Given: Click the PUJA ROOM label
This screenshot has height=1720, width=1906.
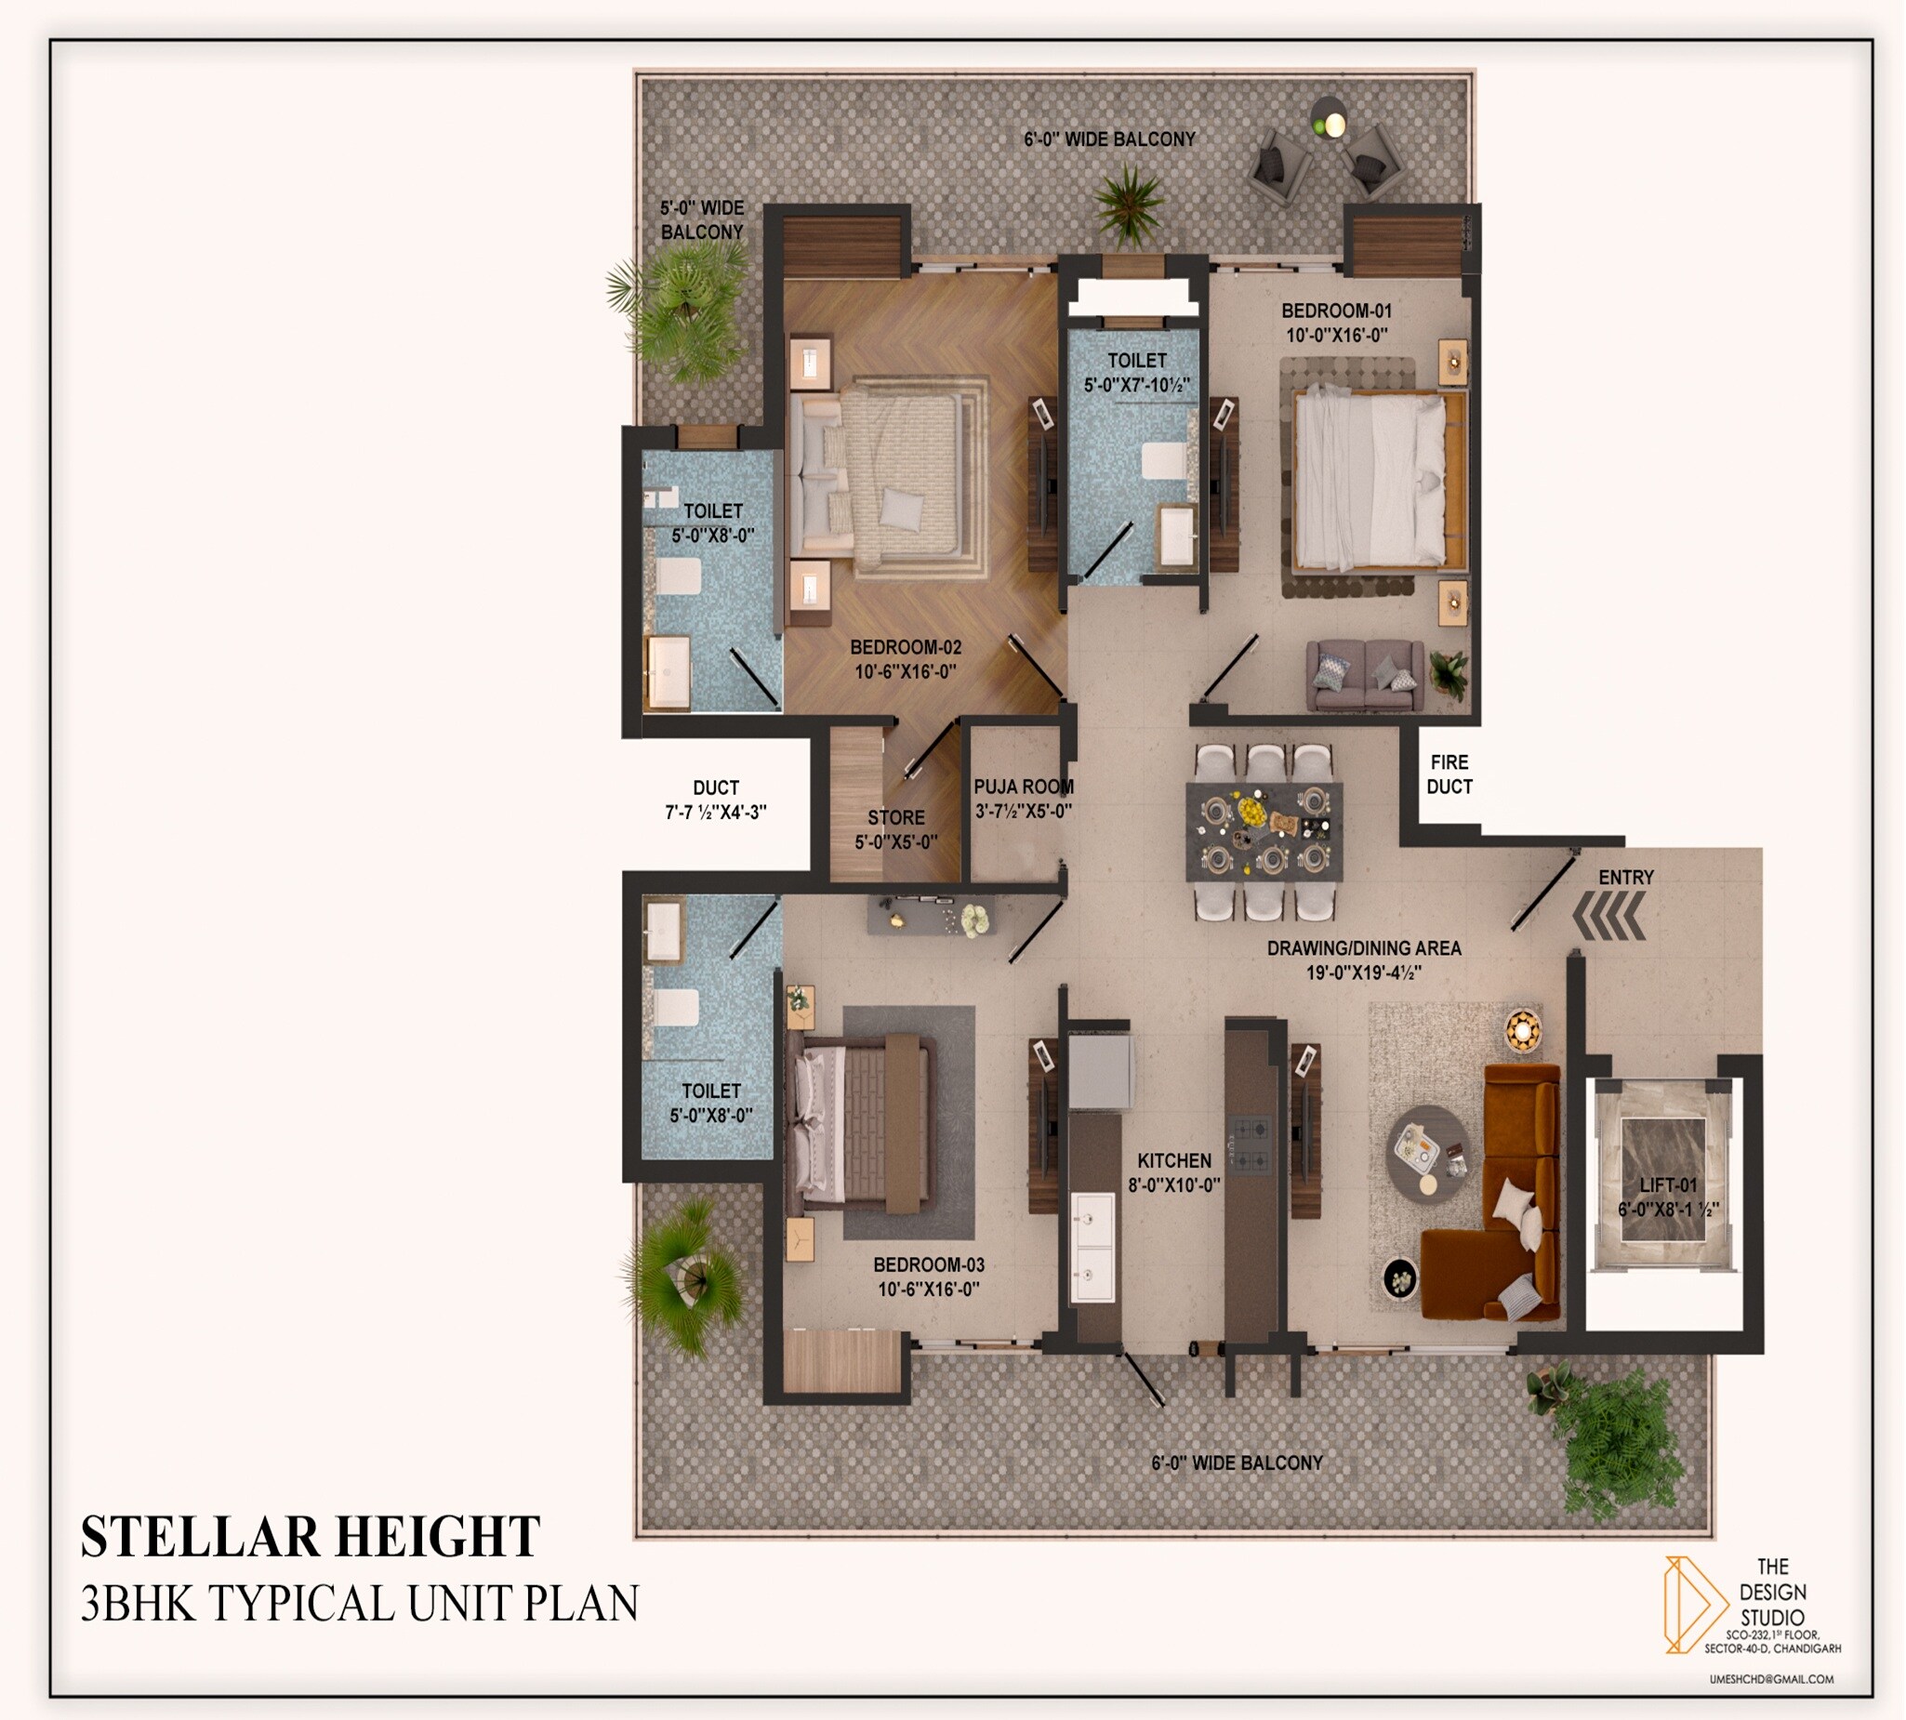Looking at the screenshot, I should (1023, 787).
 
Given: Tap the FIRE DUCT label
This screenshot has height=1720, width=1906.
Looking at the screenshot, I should (1449, 774).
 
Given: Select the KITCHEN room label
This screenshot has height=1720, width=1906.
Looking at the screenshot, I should (1173, 1160).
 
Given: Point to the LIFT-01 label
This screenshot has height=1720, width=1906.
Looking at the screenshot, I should (1668, 1185).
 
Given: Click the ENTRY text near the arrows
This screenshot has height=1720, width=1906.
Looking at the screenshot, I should (1625, 877).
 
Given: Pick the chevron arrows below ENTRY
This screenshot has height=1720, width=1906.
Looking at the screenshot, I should (1609, 918).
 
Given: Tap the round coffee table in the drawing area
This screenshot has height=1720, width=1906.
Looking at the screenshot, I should (1427, 1154).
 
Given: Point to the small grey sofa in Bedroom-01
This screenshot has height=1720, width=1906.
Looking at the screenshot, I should (1365, 675).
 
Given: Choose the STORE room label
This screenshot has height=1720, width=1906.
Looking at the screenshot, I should (896, 818).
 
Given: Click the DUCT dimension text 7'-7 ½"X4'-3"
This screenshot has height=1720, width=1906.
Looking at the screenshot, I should (715, 812).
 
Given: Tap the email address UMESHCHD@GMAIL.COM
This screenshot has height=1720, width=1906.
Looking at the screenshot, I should (1771, 1679).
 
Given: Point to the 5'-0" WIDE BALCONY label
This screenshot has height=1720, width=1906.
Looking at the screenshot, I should (701, 219).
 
